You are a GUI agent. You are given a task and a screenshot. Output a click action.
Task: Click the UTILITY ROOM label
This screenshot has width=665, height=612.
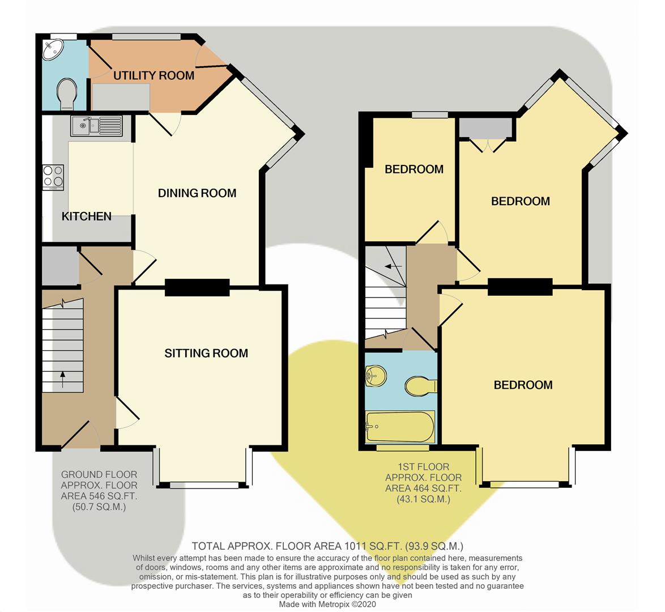pos(154,75)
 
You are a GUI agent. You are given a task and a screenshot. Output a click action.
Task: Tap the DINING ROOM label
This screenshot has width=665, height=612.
pos(197,193)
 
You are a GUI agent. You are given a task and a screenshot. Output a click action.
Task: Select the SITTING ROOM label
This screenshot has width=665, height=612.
pos(206,354)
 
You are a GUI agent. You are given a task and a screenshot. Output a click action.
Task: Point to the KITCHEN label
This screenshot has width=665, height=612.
pos(86,216)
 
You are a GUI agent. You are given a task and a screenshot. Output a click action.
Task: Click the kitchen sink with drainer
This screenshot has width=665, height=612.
pos(96,125)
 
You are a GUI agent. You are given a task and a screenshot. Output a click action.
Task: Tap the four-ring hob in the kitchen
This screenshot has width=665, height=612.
pos(53,177)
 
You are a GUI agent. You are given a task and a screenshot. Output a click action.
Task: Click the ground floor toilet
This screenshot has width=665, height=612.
pos(66,93)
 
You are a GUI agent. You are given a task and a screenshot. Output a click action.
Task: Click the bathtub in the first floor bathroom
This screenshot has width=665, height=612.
pos(400,427)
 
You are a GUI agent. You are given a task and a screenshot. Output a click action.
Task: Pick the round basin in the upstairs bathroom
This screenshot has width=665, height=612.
pos(376,375)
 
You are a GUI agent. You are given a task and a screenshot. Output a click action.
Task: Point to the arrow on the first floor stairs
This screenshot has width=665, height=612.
pos(391,266)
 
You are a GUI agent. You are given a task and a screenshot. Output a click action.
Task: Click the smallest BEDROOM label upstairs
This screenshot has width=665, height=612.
pos(414,169)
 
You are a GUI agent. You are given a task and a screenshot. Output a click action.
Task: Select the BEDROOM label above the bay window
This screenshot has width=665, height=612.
pos(523,385)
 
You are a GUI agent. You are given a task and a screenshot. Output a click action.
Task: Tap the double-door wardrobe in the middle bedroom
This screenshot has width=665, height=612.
pos(487,130)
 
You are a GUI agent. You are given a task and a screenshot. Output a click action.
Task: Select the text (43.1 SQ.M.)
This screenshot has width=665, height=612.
pos(423,499)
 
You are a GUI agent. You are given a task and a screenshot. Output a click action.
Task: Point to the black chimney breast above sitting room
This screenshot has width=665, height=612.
pos(197,288)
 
